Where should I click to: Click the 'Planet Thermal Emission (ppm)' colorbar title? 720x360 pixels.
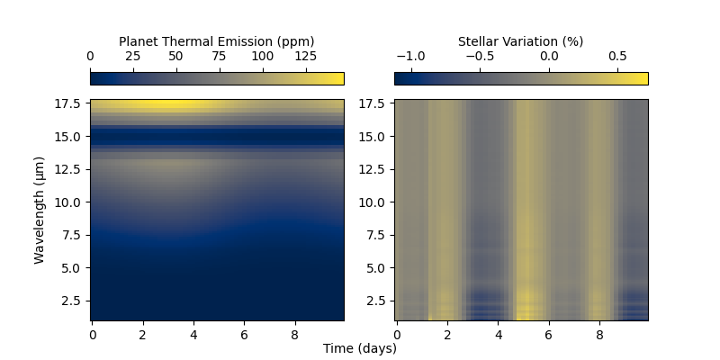(x=216, y=41)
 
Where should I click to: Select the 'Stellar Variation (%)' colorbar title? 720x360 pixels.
(x=520, y=41)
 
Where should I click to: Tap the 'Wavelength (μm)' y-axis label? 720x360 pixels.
(x=40, y=210)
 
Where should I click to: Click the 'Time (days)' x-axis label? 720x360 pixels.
(x=360, y=349)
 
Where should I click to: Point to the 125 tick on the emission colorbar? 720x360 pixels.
(x=305, y=57)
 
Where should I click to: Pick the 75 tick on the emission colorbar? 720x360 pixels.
(x=219, y=57)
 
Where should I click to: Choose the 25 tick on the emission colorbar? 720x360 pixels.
(x=133, y=57)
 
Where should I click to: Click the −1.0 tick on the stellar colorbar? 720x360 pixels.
(x=410, y=57)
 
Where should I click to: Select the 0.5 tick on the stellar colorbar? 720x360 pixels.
(x=617, y=57)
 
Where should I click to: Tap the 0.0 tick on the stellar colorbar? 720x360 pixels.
(x=549, y=57)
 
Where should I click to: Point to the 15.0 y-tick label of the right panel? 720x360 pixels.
(x=374, y=137)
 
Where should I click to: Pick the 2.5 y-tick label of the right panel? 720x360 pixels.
(x=378, y=301)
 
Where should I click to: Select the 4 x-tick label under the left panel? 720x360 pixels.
(x=193, y=335)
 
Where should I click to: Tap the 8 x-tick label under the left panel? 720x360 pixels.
(x=294, y=335)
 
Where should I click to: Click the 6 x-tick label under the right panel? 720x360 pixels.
(x=548, y=335)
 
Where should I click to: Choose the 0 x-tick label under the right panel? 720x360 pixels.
(x=397, y=335)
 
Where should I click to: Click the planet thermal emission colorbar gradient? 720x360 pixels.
(x=217, y=78)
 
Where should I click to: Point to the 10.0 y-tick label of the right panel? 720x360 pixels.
(x=374, y=202)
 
